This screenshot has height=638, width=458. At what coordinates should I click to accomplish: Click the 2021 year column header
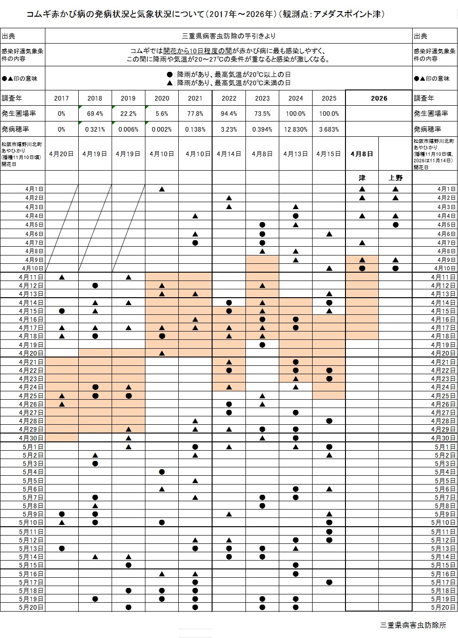click(x=195, y=98)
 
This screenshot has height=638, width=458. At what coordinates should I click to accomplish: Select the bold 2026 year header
click(x=379, y=98)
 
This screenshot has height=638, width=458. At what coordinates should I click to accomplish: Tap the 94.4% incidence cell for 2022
click(x=229, y=114)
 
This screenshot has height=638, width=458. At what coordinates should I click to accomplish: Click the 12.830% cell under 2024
click(x=295, y=129)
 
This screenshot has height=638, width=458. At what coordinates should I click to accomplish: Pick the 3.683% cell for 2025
click(x=329, y=129)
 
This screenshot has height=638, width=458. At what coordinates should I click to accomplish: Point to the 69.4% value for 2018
click(x=95, y=114)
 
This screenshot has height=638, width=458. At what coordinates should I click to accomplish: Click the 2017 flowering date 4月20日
click(x=61, y=153)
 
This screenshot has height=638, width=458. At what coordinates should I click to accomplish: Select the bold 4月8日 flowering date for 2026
click(x=362, y=153)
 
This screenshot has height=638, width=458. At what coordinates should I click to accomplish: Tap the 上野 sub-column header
click(x=395, y=178)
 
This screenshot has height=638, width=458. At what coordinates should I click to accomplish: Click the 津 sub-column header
click(x=362, y=178)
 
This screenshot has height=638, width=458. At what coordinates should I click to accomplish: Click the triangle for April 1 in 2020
click(x=162, y=189)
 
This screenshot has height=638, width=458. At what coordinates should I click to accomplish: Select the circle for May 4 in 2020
click(x=162, y=472)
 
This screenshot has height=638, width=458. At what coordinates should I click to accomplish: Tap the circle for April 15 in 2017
click(x=62, y=311)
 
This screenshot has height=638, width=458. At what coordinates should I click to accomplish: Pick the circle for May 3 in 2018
click(x=95, y=464)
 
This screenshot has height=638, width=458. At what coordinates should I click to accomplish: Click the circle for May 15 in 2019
click(x=128, y=565)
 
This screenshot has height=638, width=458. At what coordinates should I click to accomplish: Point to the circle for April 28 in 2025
click(x=329, y=421)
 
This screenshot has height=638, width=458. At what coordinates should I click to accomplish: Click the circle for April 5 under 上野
click(x=395, y=225)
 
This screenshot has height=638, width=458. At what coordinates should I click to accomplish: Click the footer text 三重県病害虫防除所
click(x=413, y=625)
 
